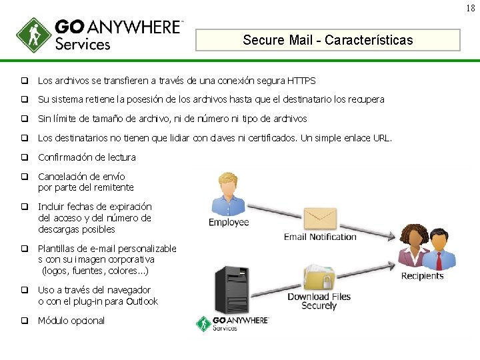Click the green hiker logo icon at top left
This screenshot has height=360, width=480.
34,35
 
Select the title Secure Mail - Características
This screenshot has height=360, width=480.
328,40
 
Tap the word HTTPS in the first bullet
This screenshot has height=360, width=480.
301,81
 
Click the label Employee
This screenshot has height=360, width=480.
229,223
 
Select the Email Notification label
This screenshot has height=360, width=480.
320,237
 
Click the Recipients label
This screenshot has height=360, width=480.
422,276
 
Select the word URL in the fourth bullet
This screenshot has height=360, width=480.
381,138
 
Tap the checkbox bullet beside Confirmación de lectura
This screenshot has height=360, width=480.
23,158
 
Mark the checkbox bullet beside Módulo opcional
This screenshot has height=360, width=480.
23,321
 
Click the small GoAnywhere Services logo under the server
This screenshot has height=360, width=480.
233,324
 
